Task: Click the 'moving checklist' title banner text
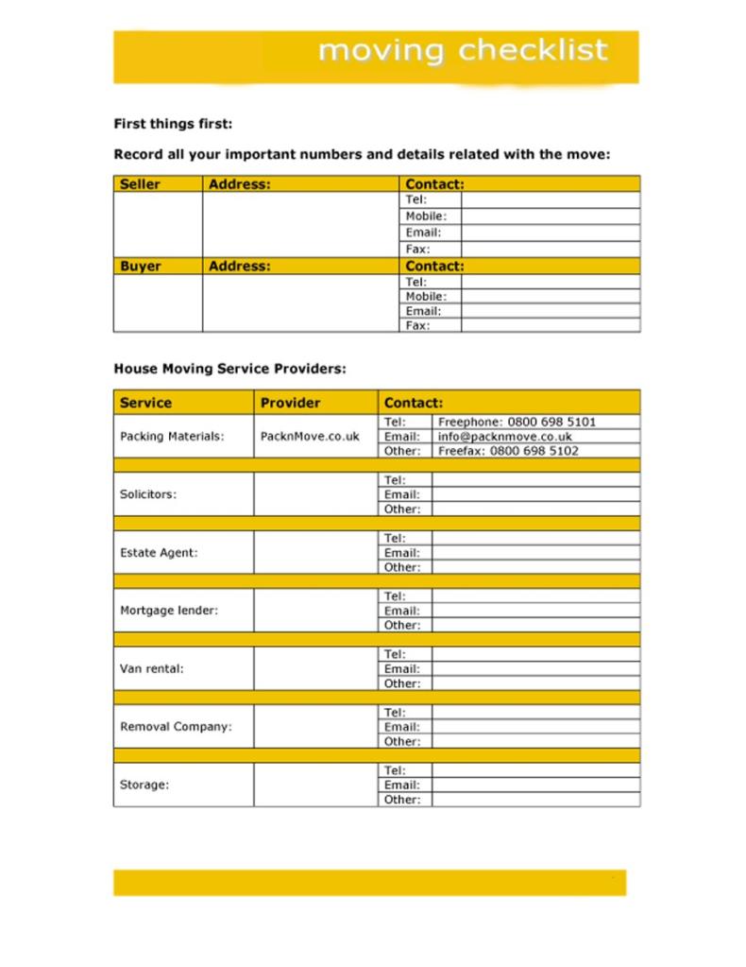(463, 50)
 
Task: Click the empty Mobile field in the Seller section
(550, 216)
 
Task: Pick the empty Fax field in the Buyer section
(550, 325)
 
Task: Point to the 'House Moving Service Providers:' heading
(229, 369)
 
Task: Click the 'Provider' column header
(290, 403)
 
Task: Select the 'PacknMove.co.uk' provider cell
(310, 437)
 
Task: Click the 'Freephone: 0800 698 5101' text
(517, 422)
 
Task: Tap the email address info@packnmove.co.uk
(504, 437)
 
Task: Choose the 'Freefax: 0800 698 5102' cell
(508, 451)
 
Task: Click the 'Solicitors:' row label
(148, 494)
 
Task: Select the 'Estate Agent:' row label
(159, 553)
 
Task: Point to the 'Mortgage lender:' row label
(169, 611)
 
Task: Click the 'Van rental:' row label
(151, 668)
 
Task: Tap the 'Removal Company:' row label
(176, 727)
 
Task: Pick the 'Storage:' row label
(144, 785)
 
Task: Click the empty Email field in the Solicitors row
(534, 494)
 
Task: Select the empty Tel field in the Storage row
(534, 770)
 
